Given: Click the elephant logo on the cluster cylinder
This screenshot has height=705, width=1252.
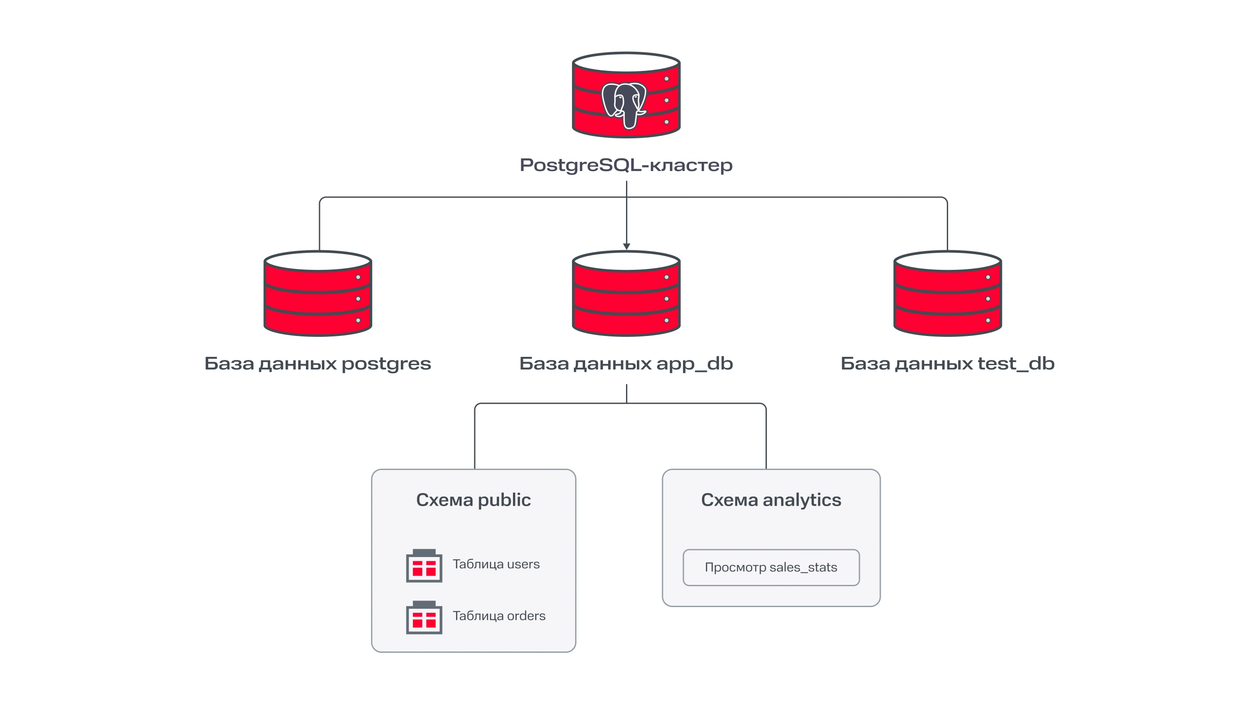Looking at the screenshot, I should point(624,104).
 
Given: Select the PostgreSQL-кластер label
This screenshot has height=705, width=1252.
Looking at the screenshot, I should point(626,165).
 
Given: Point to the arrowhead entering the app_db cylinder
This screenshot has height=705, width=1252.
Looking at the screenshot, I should point(626,246).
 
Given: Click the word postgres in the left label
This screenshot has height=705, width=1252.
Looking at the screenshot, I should point(386,364).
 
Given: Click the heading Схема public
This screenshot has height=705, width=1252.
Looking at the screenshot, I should point(473,500).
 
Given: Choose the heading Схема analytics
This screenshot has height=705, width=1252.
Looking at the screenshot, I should point(771,500).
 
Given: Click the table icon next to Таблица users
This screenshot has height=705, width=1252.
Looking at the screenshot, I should point(424,566).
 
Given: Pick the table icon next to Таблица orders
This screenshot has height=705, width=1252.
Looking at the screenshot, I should point(424,618).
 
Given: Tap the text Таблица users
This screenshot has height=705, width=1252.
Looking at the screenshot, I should point(496,564).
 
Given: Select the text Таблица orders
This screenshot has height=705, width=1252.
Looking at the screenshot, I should point(499,616).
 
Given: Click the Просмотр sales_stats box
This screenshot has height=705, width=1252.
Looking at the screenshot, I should point(771,567).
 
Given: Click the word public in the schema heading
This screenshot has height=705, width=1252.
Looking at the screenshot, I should point(504,500).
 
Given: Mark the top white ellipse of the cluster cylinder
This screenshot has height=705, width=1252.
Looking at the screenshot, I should point(626,63).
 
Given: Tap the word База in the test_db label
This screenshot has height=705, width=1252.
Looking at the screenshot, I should point(865,363).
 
